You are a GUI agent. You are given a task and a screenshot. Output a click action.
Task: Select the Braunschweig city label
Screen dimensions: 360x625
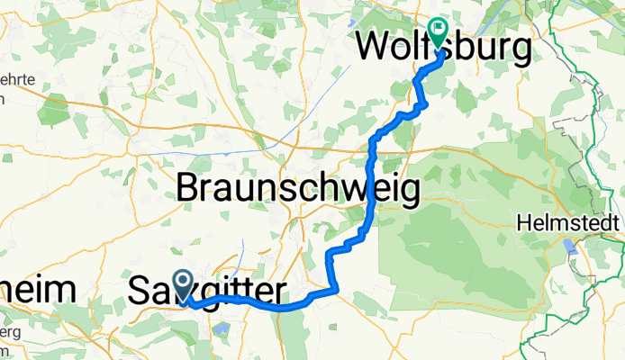point(297,189)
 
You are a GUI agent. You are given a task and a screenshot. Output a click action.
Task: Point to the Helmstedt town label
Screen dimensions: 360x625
point(569,221)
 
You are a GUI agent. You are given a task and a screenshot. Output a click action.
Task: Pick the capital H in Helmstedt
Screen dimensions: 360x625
point(524,221)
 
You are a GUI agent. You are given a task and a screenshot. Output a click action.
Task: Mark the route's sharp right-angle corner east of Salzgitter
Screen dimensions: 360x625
point(336,289)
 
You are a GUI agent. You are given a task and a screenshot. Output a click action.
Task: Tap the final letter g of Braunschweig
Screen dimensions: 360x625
point(406,193)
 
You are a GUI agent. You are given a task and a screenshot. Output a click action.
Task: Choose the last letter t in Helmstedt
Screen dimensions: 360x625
point(618,221)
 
